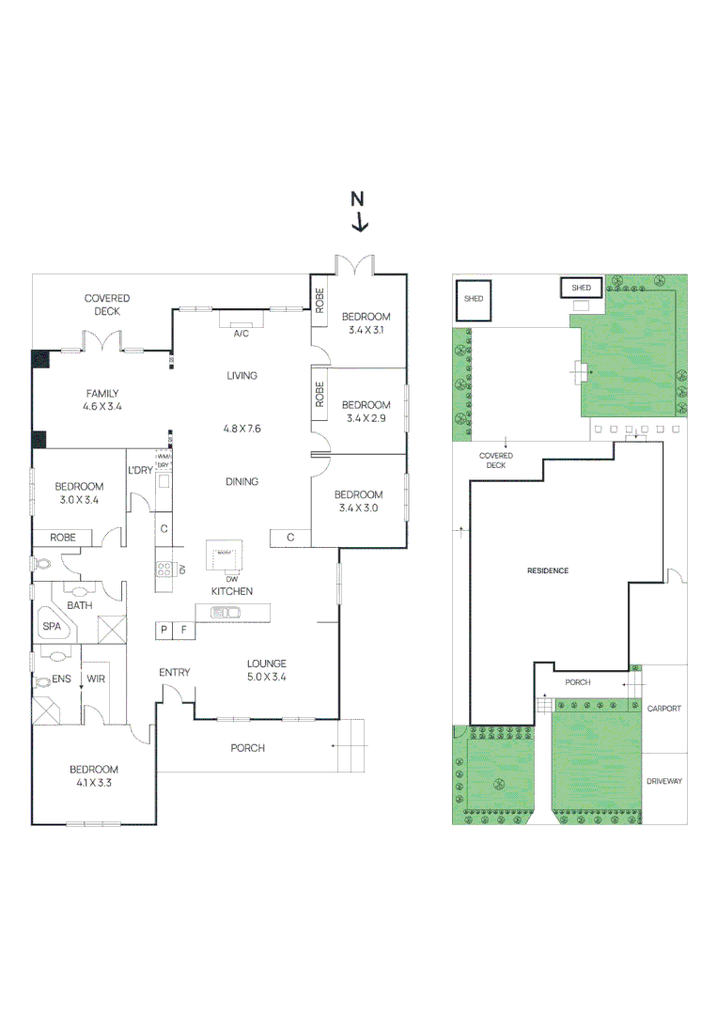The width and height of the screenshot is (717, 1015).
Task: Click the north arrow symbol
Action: point(359,212)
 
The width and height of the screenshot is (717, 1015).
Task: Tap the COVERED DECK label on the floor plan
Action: point(106,304)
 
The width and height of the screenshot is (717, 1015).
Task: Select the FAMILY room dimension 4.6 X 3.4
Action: point(102,407)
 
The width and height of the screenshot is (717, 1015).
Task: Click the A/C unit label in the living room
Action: point(242,334)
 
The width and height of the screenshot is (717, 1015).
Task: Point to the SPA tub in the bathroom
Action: point(51,626)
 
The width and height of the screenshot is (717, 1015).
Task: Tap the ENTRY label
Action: point(175,672)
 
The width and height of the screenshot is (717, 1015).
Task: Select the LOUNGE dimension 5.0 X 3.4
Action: point(266,676)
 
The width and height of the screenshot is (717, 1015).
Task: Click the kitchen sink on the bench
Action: point(226,613)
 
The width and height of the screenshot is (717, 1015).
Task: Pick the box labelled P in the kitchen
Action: point(164,631)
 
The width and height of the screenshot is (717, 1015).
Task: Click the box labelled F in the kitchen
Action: point(184,631)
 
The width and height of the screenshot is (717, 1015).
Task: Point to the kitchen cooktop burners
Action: point(163,569)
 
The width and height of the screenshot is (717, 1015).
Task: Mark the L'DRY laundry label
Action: point(141,470)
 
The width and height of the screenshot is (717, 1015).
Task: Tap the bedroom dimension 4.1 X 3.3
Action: point(93,782)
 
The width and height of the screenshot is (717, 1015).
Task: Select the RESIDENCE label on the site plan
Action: point(548,570)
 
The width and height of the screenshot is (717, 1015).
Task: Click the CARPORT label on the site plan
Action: point(664,709)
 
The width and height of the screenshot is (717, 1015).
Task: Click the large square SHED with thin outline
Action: point(474,299)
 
